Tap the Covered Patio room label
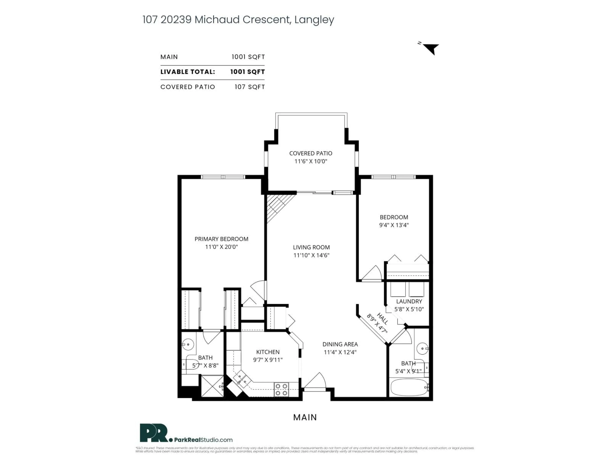[x=311, y=153]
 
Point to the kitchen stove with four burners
[x=281, y=390]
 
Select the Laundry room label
[x=409, y=301]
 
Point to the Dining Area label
[x=340, y=344]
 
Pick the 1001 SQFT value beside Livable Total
[x=247, y=72]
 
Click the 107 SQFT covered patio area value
[x=250, y=87]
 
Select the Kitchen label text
[x=268, y=352]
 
